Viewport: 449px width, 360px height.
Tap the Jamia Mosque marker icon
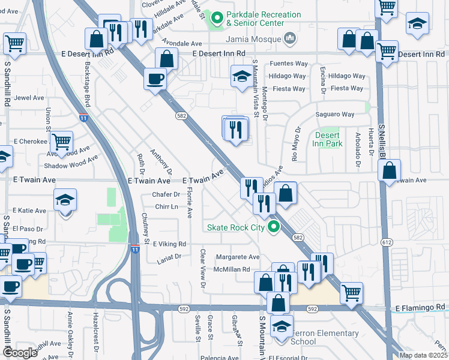click(291, 39)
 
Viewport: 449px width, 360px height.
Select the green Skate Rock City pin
click(274, 227)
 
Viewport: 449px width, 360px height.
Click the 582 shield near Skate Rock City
click(298, 238)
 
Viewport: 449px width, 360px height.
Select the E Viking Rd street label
click(169, 244)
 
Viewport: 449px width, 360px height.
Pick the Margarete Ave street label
click(237, 257)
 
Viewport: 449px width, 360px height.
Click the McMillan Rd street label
click(229, 269)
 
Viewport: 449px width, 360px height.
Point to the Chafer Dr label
click(166, 194)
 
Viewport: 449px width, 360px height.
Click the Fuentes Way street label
click(289, 64)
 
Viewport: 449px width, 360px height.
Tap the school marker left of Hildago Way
click(242, 76)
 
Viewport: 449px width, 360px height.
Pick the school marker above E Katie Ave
click(65, 200)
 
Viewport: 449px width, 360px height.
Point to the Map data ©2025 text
click(423, 355)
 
